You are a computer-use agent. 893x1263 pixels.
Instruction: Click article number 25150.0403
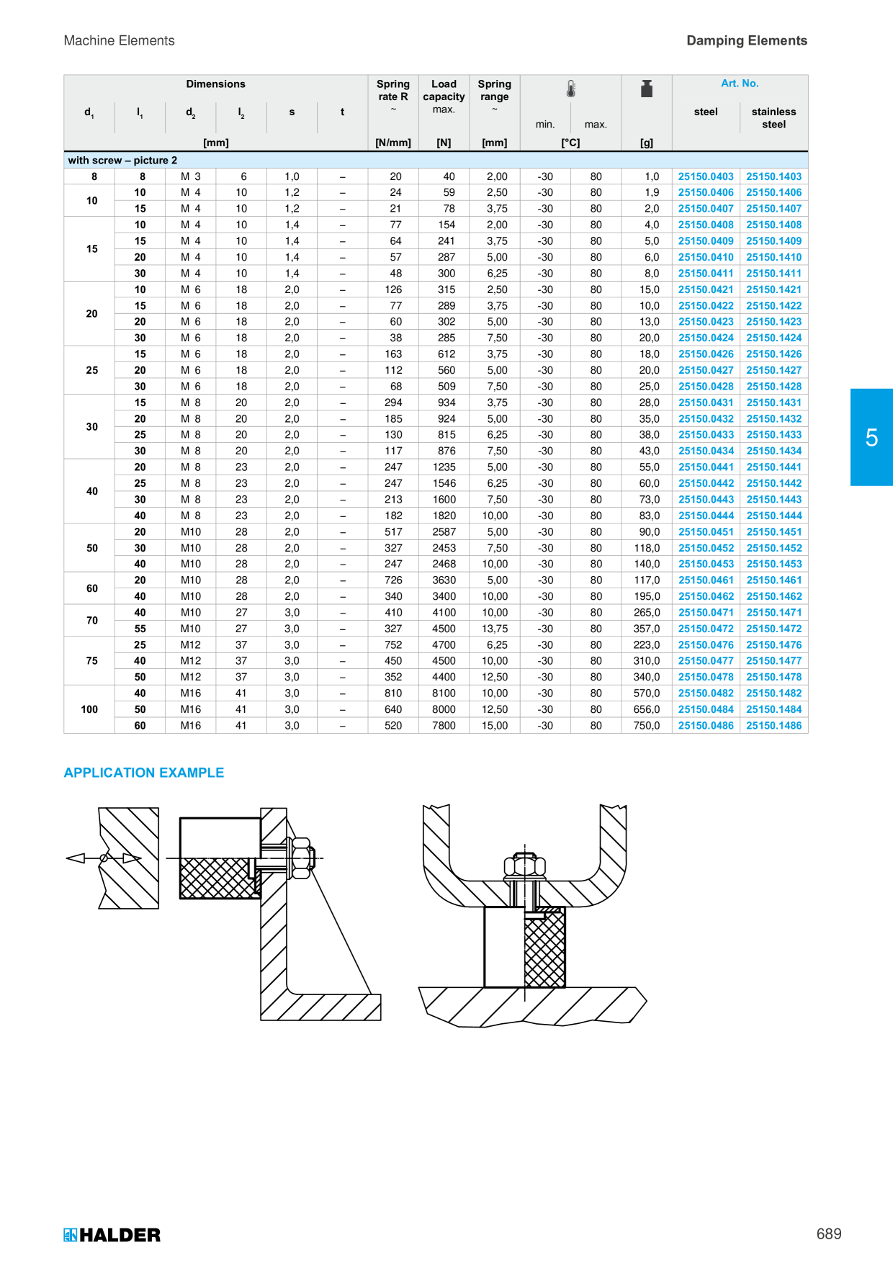point(706,176)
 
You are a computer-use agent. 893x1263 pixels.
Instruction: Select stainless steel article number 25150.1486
point(773,726)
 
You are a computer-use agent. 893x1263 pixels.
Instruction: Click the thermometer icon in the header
point(571,89)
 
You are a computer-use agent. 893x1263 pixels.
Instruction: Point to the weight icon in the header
point(647,89)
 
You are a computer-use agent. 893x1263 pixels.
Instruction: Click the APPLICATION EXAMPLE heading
point(144,773)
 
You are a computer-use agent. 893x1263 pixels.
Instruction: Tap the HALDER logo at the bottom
point(112,1235)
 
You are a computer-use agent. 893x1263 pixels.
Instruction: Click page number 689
point(829,1234)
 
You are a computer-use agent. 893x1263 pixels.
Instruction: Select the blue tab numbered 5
point(871,437)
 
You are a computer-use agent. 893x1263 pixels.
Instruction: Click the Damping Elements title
point(747,40)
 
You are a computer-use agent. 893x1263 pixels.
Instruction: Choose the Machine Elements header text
point(120,40)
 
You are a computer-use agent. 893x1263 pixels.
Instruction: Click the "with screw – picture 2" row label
point(122,161)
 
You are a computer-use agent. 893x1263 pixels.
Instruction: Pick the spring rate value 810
point(393,693)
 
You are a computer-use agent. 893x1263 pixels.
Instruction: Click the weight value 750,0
point(647,726)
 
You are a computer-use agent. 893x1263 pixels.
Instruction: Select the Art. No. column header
point(740,84)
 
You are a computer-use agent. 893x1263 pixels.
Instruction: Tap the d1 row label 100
point(89,709)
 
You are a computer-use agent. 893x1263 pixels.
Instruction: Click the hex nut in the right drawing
point(524,866)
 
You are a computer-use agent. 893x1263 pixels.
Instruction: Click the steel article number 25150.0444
point(706,516)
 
